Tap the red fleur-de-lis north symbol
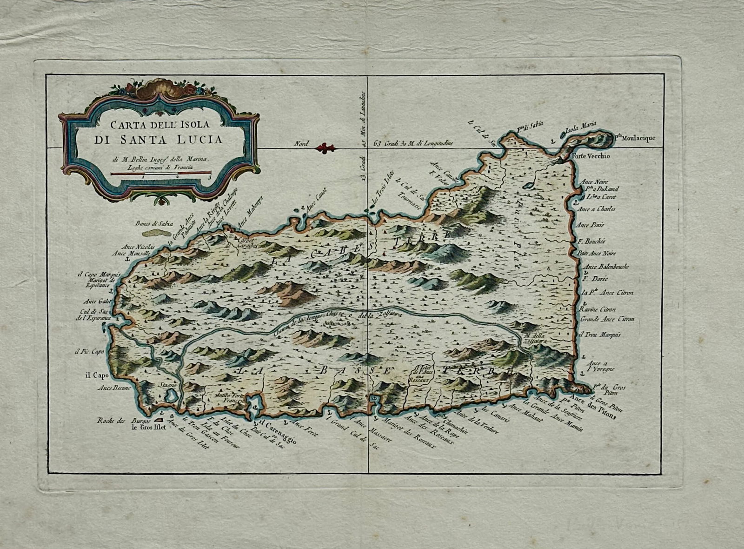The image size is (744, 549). tap(325, 148)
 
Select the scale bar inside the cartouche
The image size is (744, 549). tap(160, 174)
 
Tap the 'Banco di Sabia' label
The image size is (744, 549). tap(153, 222)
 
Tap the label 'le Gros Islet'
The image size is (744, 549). tap(148, 427)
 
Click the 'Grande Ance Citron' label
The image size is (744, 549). tap(607, 320)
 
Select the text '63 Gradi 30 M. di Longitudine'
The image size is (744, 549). tap(413, 144)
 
